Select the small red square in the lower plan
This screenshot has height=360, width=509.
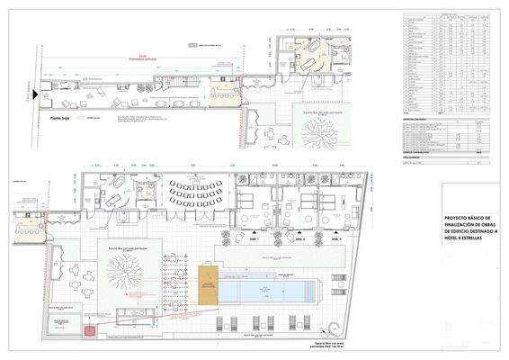click(x=89, y=330)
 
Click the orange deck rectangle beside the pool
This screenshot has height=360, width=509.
click(x=209, y=287)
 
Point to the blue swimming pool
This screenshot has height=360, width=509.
click(x=267, y=289)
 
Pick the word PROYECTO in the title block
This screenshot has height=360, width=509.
click(x=454, y=218)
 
